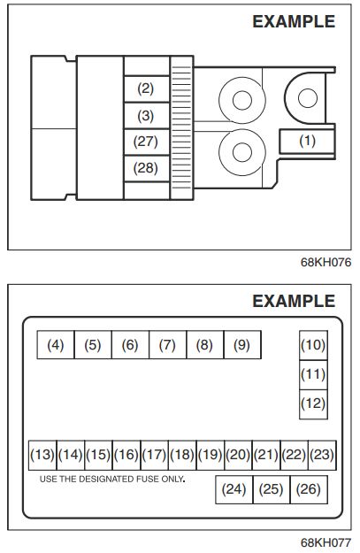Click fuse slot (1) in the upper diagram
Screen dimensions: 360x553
tap(307, 141)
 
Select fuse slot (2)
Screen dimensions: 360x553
tap(146, 88)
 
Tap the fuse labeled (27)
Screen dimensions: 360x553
tap(146, 142)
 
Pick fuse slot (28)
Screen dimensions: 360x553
tap(146, 169)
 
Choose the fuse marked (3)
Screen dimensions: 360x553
tap(146, 116)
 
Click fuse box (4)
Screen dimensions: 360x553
tap(56, 344)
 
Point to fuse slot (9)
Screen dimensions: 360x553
tap(242, 344)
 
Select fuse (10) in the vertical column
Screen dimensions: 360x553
tap(313, 345)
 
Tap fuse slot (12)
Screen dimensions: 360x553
tap(313, 404)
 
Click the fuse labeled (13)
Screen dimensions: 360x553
tap(42, 455)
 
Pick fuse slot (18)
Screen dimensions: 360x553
tap(182, 455)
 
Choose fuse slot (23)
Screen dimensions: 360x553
tap(322, 455)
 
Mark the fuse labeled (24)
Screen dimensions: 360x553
tap(234, 489)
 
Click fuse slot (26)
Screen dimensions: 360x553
tap(309, 489)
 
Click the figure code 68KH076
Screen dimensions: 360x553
tap(326, 263)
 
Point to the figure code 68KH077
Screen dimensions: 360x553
tap(326, 542)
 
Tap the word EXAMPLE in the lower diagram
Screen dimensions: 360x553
tap(294, 301)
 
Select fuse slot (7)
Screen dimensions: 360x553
tap(167, 344)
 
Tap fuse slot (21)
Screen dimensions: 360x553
tap(266, 455)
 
